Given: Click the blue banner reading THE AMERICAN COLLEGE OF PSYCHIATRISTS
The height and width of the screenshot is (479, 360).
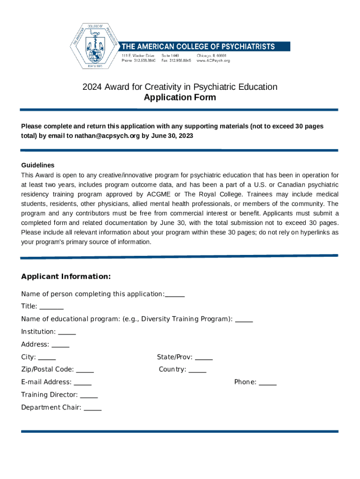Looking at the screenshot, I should [x=205, y=46].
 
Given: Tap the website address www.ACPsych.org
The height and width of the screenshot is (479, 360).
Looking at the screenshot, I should [x=213, y=60].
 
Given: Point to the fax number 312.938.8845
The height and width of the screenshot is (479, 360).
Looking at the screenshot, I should [x=180, y=60].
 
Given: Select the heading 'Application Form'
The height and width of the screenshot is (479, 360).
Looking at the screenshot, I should [x=180, y=97].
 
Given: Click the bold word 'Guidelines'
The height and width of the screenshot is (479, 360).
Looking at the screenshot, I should [x=38, y=165].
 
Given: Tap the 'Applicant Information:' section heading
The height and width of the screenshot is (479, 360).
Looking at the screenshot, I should [x=66, y=276].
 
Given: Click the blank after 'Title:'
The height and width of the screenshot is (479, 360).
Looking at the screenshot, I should [x=51, y=307].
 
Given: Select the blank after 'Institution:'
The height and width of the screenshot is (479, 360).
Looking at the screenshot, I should [x=67, y=332].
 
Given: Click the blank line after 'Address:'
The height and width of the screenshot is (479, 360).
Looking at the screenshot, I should [x=60, y=345].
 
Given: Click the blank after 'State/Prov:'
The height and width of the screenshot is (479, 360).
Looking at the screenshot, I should [x=203, y=357].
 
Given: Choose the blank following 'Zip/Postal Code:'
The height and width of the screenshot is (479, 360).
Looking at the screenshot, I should [x=85, y=370].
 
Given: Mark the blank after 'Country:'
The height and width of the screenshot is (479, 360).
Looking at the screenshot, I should [x=197, y=370].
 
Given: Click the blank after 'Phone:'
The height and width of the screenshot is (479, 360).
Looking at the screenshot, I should [x=267, y=383].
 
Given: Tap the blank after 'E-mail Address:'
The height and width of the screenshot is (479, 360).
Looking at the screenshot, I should [x=83, y=383].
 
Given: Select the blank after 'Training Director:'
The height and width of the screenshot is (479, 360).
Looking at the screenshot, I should [x=89, y=395].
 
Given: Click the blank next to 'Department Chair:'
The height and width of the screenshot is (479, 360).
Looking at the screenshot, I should [x=93, y=408].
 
